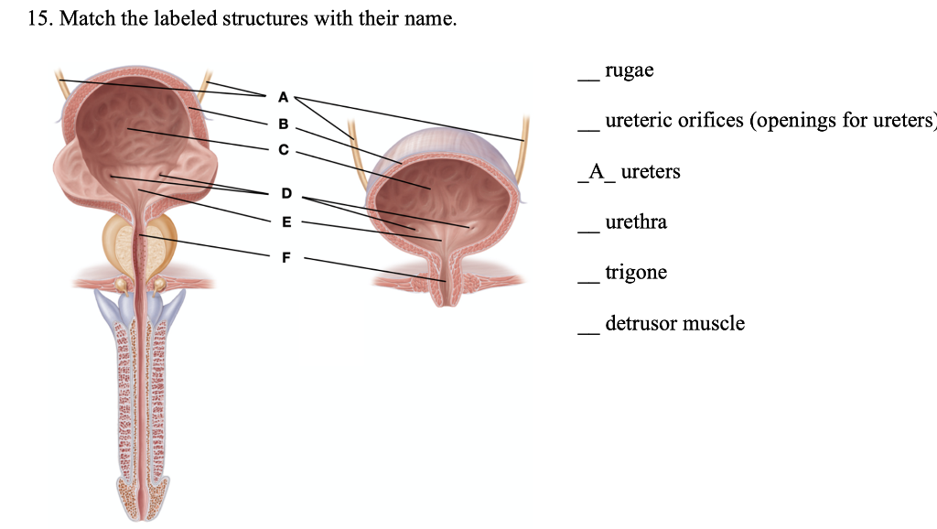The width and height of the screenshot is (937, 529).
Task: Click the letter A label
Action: point(283,96)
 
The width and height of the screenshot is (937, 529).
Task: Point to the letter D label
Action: point(285,193)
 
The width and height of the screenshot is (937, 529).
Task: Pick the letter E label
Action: point(285,221)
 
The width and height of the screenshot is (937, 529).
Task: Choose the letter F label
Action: point(285,257)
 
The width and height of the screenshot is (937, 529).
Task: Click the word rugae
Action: point(630,70)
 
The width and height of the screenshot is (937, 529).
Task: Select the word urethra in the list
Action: point(636,222)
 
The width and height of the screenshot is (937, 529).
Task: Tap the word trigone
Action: point(636,273)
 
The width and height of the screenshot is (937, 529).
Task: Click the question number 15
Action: point(39,19)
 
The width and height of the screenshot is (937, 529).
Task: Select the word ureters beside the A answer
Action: point(651,172)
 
